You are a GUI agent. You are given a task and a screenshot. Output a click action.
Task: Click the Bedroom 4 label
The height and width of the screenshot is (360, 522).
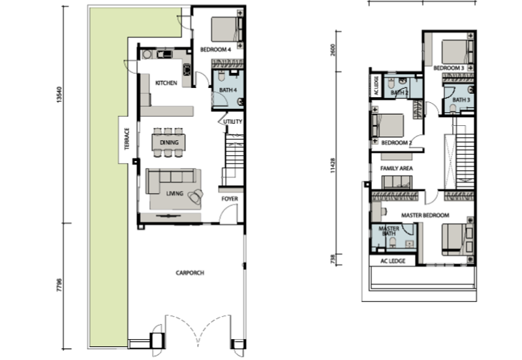coord(215,50)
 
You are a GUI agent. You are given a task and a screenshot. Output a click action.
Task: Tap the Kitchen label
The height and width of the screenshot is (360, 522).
coord(166,83)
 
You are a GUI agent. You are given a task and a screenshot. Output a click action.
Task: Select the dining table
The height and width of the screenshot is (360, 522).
coord(169,142)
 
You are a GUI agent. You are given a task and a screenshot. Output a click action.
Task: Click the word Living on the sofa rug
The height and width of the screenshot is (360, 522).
coord(175,193)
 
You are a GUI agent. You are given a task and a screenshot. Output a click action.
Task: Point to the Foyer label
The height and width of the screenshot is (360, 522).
coord(230,199)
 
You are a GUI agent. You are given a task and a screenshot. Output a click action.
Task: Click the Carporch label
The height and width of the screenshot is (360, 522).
coord(190,273)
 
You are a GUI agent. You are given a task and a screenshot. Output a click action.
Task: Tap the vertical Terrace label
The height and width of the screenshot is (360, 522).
coord(127,139)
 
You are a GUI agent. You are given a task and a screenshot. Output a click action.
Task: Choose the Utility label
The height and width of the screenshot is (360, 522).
coord(233,122)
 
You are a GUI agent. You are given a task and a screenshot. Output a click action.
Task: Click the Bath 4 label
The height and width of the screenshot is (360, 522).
coord(228,90)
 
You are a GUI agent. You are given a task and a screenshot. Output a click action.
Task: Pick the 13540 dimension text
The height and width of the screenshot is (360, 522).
coord(59,95)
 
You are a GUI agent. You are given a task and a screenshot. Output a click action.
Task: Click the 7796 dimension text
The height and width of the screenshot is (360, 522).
coord(59,286)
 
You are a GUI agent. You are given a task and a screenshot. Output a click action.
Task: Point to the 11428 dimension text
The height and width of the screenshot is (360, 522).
coord(333,166)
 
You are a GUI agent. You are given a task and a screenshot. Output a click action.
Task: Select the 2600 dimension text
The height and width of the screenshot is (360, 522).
coord(333,50)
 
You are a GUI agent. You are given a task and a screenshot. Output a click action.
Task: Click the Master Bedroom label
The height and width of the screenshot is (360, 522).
coord(425,215)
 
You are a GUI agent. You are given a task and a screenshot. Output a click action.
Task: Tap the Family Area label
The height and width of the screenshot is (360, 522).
coord(397,168)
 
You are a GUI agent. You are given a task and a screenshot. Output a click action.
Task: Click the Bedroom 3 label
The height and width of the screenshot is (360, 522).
coord(449,68)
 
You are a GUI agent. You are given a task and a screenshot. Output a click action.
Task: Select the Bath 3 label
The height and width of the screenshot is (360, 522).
coord(461,100)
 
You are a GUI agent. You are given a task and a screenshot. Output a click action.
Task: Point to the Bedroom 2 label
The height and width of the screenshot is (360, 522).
coord(397,143)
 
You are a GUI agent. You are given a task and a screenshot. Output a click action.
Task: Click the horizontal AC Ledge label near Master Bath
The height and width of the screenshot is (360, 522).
coord(393,261)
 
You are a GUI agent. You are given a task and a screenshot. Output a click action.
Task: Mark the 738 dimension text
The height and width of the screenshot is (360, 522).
coord(333,259)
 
